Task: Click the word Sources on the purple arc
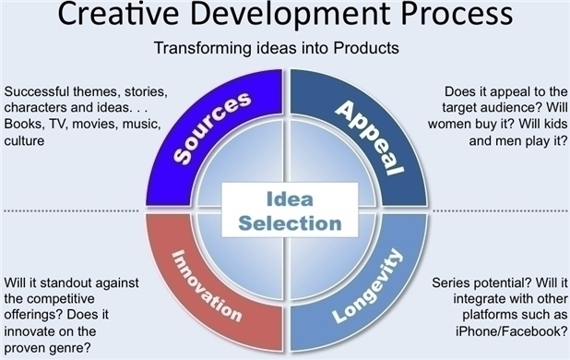[212, 127]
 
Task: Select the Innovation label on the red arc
[207, 285]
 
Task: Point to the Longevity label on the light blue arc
[368, 286]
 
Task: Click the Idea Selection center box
[290, 210]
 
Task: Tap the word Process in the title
[457, 14]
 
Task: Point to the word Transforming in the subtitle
[203, 48]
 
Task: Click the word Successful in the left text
[37, 91]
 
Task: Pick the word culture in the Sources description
[24, 140]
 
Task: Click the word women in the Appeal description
[449, 124]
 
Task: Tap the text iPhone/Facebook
[512, 331]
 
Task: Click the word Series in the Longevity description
[448, 282]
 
